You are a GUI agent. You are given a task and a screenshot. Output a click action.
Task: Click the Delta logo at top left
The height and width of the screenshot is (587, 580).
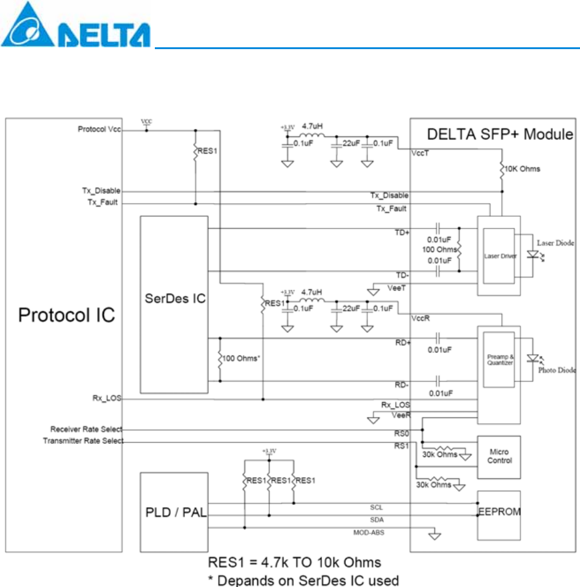75,25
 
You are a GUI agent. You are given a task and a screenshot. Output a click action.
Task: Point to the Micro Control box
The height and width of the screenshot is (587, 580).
498,456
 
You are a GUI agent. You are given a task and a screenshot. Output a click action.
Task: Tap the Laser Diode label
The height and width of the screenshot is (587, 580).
555,244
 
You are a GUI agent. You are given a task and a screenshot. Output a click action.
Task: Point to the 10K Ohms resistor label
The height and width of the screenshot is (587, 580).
523,168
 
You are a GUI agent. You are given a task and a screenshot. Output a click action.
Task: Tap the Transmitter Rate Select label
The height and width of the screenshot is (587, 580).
83,441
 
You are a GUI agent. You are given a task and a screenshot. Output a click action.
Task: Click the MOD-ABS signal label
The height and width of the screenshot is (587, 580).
369,532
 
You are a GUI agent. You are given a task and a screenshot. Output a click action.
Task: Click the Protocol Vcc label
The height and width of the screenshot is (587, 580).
99,130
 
